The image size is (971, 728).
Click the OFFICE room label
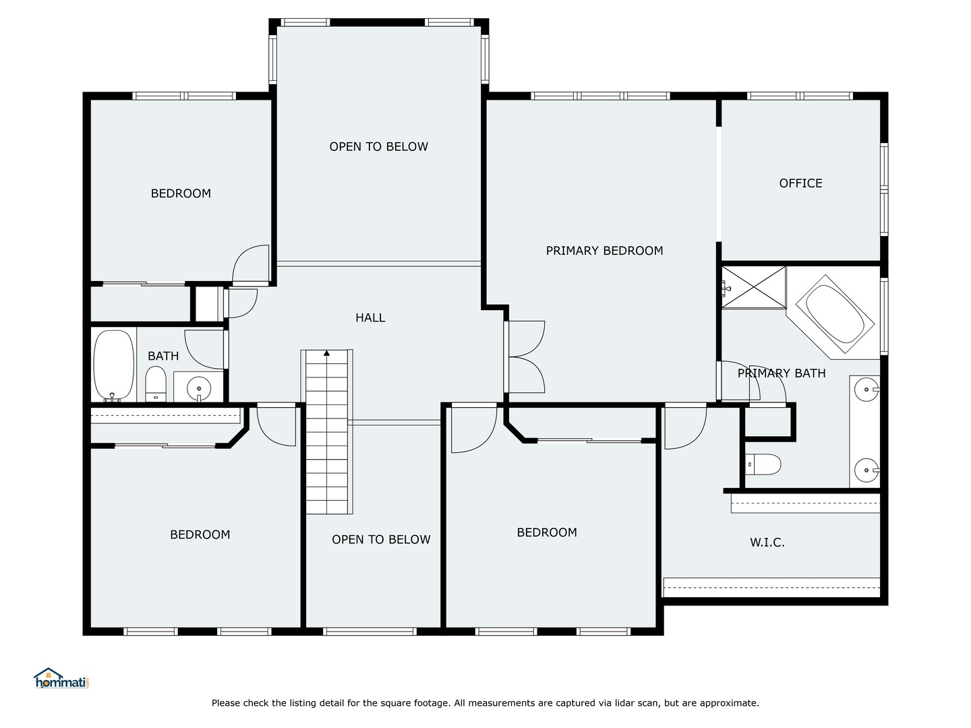[800, 183]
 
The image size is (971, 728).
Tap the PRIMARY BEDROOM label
[604, 251]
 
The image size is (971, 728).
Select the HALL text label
[370, 317]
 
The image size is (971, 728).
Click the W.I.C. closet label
[767, 543]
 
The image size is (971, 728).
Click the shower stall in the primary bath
[754, 287]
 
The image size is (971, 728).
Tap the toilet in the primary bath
[763, 464]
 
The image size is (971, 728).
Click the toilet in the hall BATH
[156, 383]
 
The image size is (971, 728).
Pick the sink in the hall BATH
[198, 388]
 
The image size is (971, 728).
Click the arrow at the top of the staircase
[327, 353]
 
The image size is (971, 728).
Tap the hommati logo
[61, 679]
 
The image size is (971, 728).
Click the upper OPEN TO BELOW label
[378, 147]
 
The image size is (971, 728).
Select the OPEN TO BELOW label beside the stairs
[381, 540]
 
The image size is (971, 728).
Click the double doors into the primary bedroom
[525, 357]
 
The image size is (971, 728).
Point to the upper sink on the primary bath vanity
[866, 390]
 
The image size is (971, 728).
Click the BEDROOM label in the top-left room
[181, 194]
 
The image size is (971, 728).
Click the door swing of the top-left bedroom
[251, 264]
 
